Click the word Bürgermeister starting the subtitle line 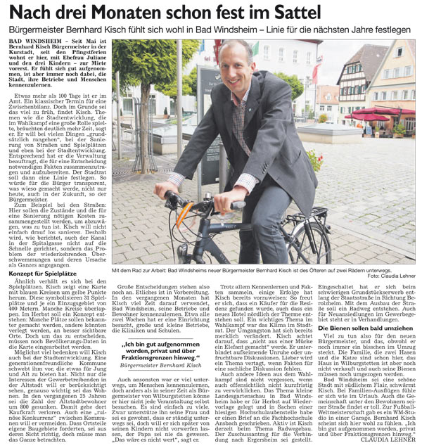(x=36, y=31)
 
